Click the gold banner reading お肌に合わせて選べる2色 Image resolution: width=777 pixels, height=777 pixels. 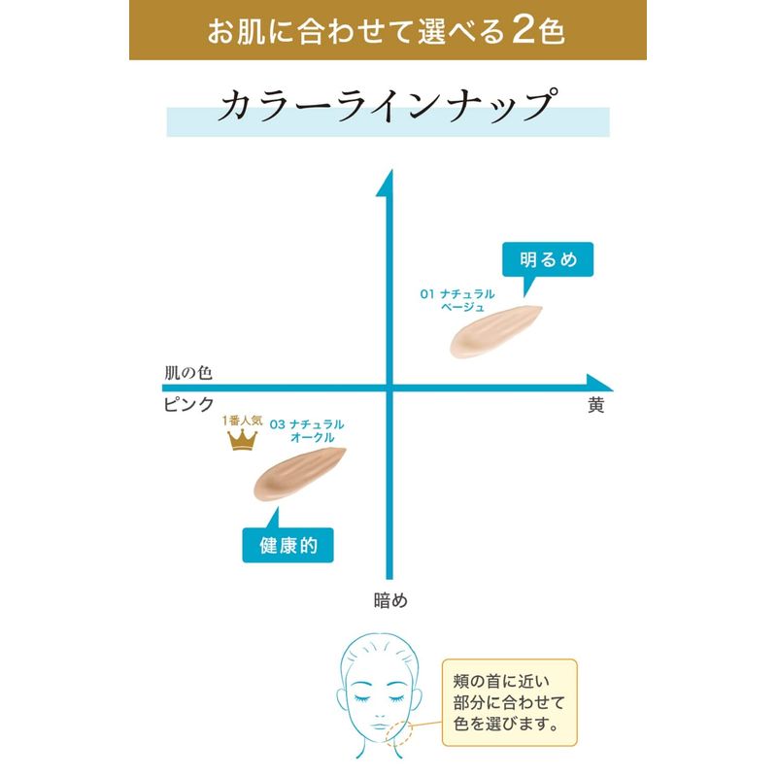pyautogui.click(x=388, y=30)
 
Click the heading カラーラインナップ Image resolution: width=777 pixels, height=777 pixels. pyautogui.click(x=388, y=105)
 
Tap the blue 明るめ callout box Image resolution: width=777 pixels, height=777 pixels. pyautogui.click(x=548, y=259)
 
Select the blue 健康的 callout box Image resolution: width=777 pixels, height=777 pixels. pyautogui.click(x=287, y=545)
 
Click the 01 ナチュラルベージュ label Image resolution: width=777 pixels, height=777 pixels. pyautogui.click(x=457, y=300)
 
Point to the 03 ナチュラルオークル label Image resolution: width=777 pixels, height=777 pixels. pyautogui.click(x=307, y=430)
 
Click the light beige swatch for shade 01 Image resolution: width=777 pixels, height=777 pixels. pyautogui.click(x=495, y=331)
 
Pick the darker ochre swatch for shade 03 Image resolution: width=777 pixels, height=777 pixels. pyautogui.click(x=299, y=474)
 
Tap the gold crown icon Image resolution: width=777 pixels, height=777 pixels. pyautogui.click(x=242, y=440)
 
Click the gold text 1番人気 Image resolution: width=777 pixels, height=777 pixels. pyautogui.click(x=242, y=421)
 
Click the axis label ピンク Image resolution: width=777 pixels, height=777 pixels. pyautogui.click(x=188, y=405)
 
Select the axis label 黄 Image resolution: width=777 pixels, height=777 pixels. pyautogui.click(x=596, y=405)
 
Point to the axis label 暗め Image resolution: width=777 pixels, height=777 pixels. pyautogui.click(x=390, y=600)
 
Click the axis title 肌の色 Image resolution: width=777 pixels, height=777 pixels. pyautogui.click(x=188, y=373)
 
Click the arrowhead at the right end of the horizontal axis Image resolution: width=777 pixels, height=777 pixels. pyautogui.click(x=598, y=383)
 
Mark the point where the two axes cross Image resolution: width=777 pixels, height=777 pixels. pyautogui.click(x=389, y=388)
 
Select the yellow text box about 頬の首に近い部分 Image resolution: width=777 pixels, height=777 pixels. pyautogui.click(x=509, y=702)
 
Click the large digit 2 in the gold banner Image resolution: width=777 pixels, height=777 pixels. pyautogui.click(x=524, y=30)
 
